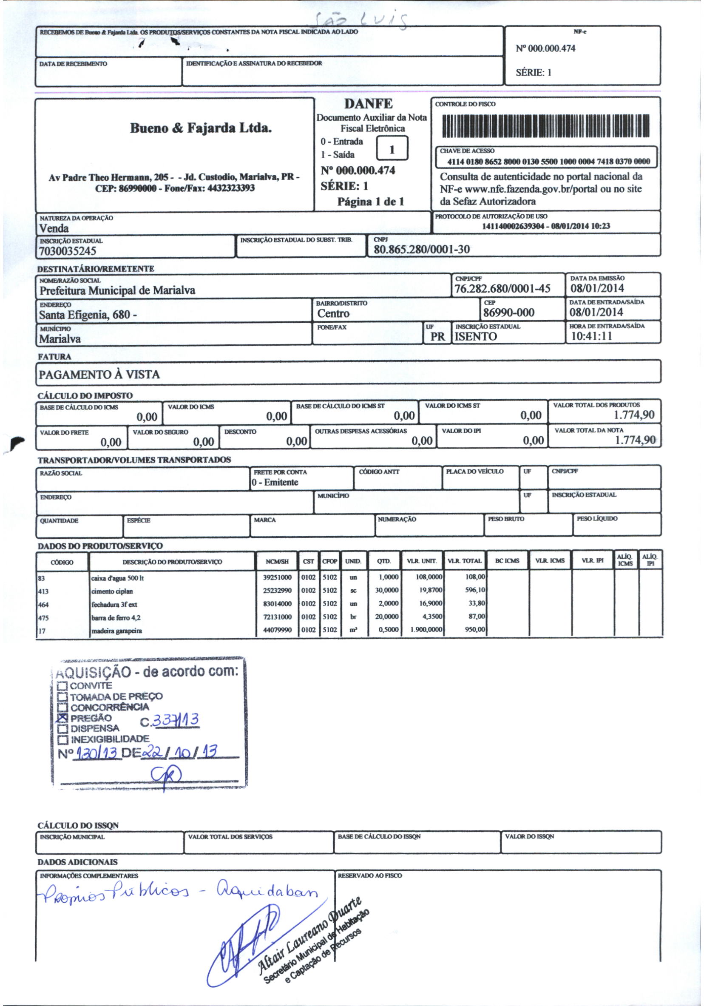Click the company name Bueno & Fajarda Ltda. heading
pos(201,128)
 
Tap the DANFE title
pos(369,104)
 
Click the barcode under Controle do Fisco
pos(546,126)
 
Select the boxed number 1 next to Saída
pos(392,149)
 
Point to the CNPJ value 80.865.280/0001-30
pos(421,249)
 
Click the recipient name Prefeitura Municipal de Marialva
pos(117,290)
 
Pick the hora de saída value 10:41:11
pos(591,336)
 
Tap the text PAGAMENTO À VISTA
pos(99,375)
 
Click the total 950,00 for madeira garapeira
pos(475,630)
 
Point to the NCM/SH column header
pos(277,561)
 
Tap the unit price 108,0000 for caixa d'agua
pos(429,577)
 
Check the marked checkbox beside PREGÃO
pos(62,718)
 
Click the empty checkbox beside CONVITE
pos(62,686)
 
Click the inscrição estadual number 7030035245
pos(68,251)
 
